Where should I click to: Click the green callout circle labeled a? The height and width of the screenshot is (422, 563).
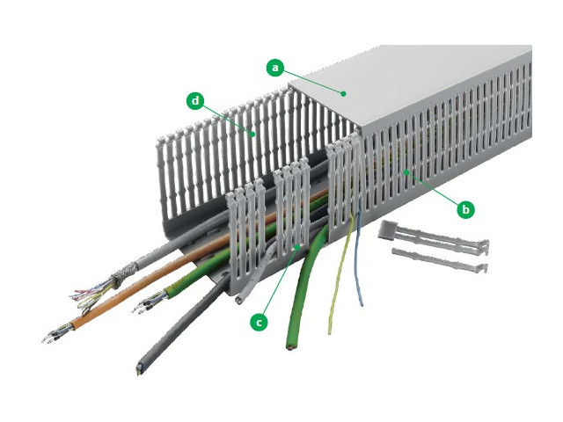(x=275, y=67)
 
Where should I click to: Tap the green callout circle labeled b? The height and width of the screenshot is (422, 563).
(x=465, y=209)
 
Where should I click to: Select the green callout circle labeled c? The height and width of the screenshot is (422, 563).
(x=259, y=322)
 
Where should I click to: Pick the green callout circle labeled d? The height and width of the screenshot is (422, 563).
(x=195, y=101)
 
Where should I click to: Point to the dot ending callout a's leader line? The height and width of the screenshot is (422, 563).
(x=344, y=94)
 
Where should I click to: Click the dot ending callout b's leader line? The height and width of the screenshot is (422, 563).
(x=406, y=172)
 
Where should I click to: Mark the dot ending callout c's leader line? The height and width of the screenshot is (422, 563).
(x=297, y=246)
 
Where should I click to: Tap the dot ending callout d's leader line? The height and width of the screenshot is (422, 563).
(x=253, y=135)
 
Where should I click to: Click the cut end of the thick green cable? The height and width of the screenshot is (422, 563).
(x=289, y=346)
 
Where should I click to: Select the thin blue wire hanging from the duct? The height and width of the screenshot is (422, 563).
(x=360, y=258)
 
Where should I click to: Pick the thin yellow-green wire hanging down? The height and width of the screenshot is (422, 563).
(x=340, y=273)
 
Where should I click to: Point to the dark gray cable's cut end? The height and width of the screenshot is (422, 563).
(x=139, y=369)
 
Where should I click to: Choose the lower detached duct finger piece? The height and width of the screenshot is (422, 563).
(x=440, y=260)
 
